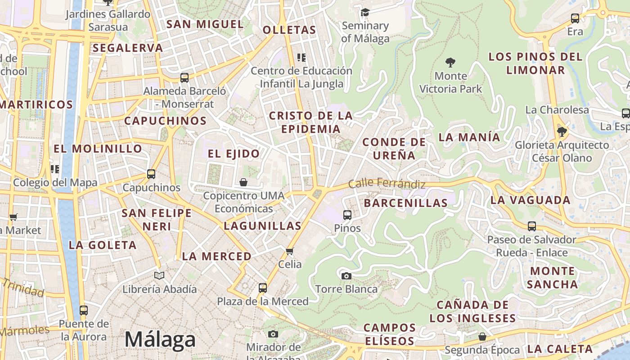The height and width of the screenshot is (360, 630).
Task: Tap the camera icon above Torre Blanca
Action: (x=346, y=276)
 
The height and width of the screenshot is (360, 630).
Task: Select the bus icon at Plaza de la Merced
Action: (x=262, y=288)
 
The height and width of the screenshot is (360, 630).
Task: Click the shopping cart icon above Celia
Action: (x=290, y=251)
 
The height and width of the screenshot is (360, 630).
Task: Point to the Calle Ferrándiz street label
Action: (x=387, y=184)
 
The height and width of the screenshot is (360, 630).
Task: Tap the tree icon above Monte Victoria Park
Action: (x=450, y=63)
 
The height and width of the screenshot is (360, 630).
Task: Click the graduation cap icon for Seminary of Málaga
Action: (x=365, y=12)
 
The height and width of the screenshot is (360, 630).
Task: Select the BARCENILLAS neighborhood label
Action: (x=405, y=203)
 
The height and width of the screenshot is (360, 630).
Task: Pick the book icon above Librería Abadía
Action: (x=159, y=275)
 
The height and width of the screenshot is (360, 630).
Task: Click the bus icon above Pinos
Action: (x=347, y=215)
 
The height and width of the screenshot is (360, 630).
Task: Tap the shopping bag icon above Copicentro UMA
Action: (x=243, y=182)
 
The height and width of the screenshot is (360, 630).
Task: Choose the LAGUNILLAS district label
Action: (x=262, y=226)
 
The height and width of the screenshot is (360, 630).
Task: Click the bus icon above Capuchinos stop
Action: (x=151, y=174)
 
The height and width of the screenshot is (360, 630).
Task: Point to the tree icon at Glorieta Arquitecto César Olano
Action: (x=562, y=132)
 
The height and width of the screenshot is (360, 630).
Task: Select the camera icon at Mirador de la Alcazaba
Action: (x=273, y=334)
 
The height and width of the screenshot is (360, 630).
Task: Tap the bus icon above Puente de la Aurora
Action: (x=84, y=310)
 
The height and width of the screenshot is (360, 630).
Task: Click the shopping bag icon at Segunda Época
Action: (x=482, y=337)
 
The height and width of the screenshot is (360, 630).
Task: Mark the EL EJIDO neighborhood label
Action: (x=234, y=153)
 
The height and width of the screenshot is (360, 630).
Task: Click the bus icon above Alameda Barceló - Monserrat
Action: (x=184, y=77)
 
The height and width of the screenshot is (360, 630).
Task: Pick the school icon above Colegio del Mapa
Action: (x=55, y=169)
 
